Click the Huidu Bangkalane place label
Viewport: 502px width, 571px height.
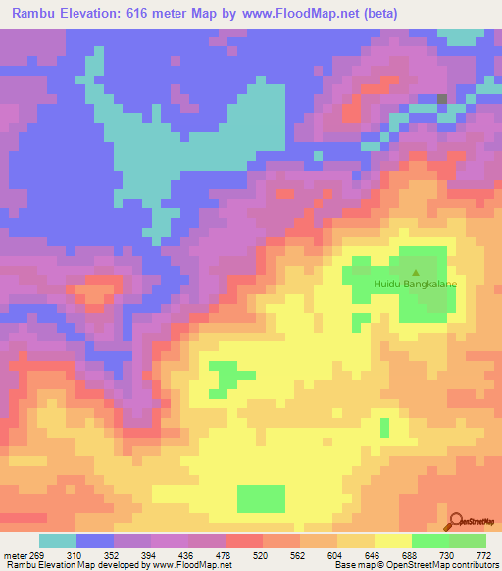pos(416,285)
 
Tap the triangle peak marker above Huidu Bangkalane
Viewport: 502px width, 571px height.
pos(416,273)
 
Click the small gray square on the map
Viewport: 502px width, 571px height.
pos(442,99)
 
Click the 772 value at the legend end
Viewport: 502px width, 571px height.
pos(482,554)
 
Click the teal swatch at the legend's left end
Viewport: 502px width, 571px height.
pos(57,541)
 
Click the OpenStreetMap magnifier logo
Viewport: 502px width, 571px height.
pos(454,522)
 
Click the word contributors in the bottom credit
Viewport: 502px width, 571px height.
pos(474,566)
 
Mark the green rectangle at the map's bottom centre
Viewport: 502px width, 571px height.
pos(261,498)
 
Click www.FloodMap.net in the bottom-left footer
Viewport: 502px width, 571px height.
pos(191,566)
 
